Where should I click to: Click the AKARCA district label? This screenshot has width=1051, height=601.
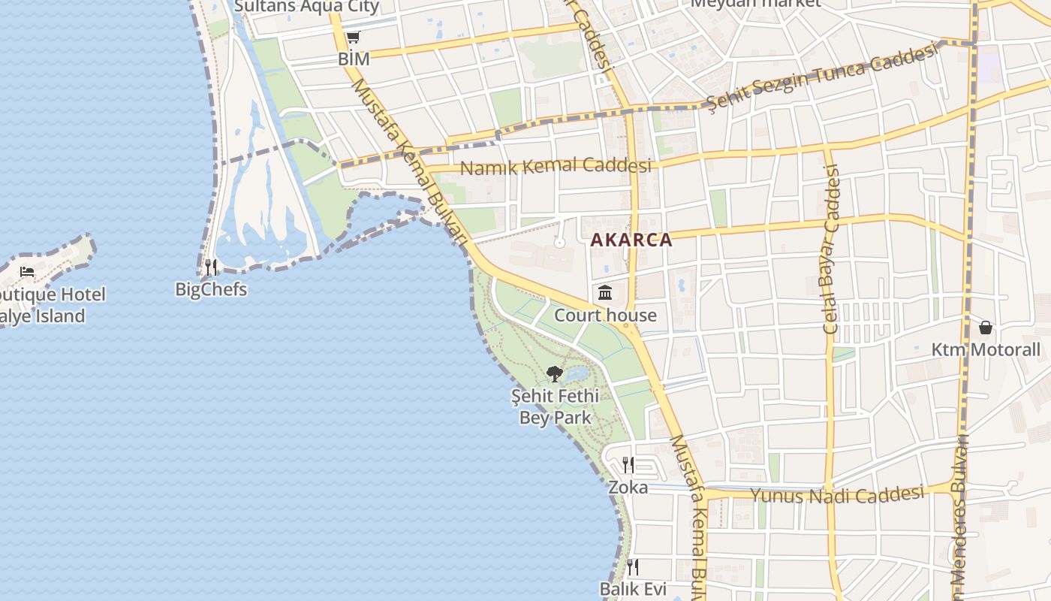point(631,240)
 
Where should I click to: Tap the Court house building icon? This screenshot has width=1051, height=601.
point(605,292)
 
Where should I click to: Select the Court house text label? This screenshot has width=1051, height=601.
point(605,316)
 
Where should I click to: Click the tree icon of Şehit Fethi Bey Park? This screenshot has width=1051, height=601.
point(555,373)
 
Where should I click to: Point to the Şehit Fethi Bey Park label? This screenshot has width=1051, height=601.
point(556,406)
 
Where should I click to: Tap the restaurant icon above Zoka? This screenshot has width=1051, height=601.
point(628,464)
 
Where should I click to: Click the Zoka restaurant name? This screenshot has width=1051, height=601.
point(628,488)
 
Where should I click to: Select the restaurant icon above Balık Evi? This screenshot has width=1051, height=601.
point(633,566)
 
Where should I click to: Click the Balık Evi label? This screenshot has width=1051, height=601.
point(633,589)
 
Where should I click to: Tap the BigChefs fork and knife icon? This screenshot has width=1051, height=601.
point(211,267)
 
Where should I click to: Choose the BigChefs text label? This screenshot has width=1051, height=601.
point(211,289)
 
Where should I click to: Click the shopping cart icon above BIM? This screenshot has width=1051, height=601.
point(353,37)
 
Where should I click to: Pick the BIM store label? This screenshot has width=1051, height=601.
point(354,59)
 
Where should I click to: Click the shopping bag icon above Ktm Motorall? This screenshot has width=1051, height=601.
point(986,328)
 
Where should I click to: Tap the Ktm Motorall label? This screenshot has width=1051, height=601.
point(986,350)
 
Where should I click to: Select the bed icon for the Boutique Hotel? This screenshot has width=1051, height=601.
point(28,271)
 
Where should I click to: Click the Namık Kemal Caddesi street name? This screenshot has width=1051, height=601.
point(556,166)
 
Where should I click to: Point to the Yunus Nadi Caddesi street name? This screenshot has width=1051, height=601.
point(837,494)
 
